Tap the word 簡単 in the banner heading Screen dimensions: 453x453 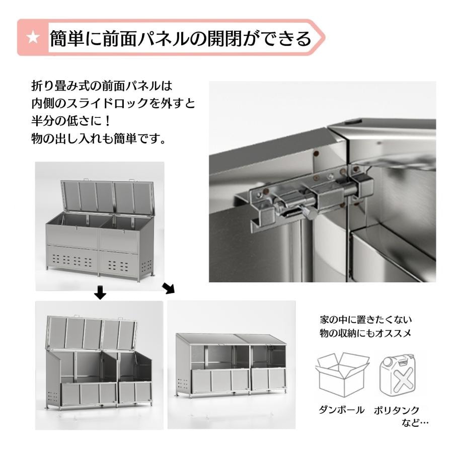[x=67, y=38]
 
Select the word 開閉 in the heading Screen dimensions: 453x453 [x=224, y=38]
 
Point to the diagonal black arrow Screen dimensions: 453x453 [x=169, y=288]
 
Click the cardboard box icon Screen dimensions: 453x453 [x=342, y=374]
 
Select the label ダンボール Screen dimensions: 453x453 [x=341, y=410]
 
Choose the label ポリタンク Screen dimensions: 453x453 [x=397, y=410]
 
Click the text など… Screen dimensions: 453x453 [x=415, y=423]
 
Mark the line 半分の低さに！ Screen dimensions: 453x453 [x=71, y=121]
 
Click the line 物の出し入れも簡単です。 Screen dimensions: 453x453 [x=99, y=139]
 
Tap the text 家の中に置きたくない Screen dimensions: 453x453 [x=365, y=320]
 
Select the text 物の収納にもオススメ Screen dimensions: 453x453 [x=365, y=333]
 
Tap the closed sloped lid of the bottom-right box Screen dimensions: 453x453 [x=231, y=339]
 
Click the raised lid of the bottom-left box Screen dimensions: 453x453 [x=91, y=333]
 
